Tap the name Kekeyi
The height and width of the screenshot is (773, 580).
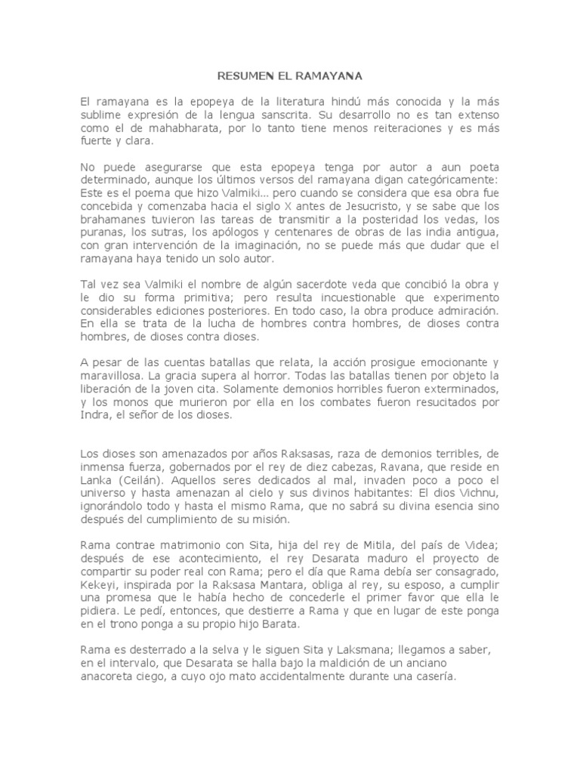click(x=100, y=584)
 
